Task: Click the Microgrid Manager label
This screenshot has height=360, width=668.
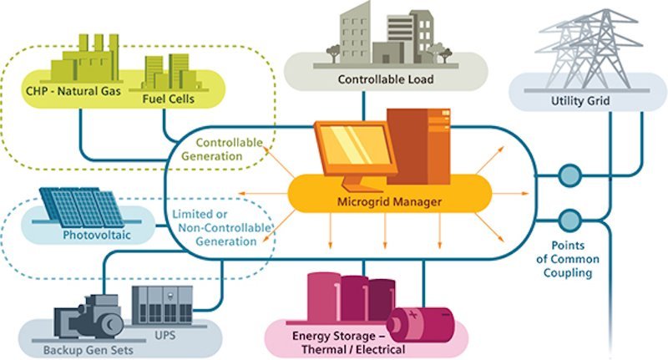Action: click(389, 201)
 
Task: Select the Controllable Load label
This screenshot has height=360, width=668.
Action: click(386, 79)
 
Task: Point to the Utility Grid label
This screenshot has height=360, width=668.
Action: click(580, 101)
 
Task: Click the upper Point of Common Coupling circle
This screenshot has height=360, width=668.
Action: click(569, 175)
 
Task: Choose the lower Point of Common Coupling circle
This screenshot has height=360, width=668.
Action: click(569, 221)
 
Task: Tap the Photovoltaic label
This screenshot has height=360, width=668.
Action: click(97, 236)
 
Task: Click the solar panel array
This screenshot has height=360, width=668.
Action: click(82, 206)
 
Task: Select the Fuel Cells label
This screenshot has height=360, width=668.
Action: click(169, 99)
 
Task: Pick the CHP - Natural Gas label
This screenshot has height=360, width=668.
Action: click(73, 91)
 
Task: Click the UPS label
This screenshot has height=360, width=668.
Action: click(164, 335)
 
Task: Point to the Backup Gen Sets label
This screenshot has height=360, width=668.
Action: click(89, 351)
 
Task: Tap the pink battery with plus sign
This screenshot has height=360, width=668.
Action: click(422, 325)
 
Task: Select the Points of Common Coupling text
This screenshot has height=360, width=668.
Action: click(568, 259)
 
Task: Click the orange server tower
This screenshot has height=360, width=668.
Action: click(418, 146)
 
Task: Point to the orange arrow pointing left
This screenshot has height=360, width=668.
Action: click(263, 194)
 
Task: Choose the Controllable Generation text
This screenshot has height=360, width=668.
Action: click(222, 150)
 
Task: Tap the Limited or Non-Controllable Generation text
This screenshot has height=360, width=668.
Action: click(221, 227)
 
